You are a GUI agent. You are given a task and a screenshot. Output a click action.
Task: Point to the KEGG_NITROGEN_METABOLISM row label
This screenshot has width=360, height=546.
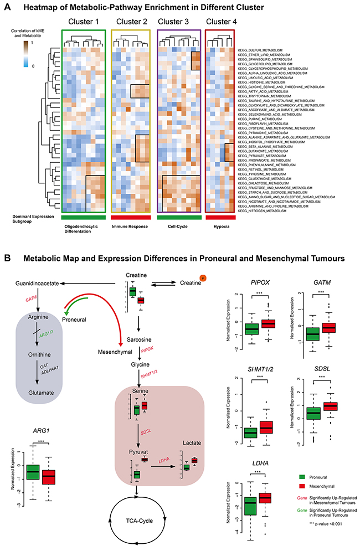point(264,211)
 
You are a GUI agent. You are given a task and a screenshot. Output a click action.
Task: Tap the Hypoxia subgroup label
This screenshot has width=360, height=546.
point(220,225)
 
